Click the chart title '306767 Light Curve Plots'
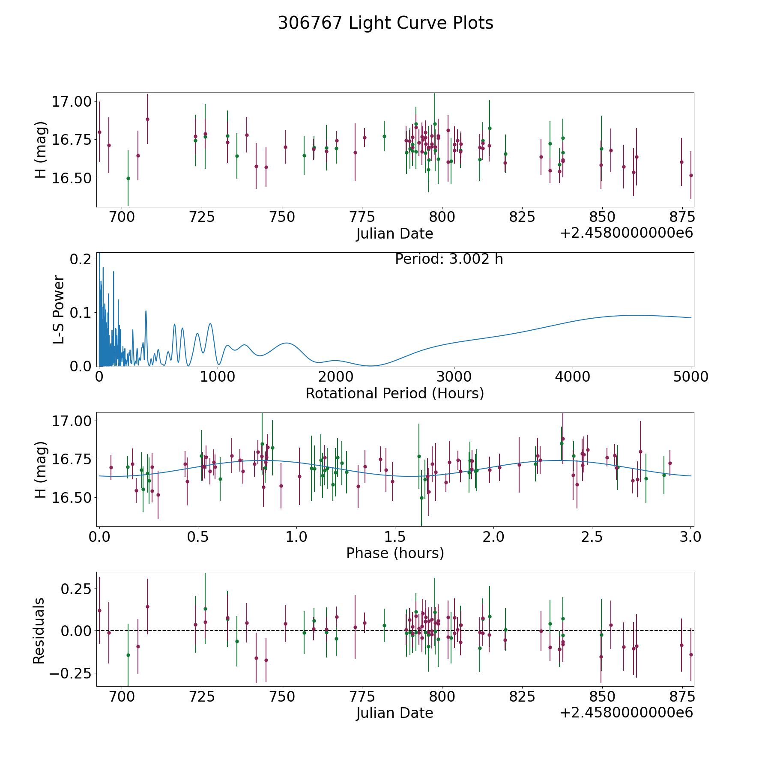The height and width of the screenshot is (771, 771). [x=385, y=23]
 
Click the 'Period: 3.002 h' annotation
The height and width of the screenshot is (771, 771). [x=449, y=259]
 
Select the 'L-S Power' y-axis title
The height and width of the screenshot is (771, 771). [x=59, y=310]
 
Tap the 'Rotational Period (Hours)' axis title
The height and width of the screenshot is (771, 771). [x=394, y=393]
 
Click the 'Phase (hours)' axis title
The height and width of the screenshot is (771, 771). [x=395, y=553]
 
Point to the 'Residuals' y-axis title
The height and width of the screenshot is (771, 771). [x=39, y=631]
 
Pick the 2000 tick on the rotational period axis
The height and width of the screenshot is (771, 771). [x=336, y=377]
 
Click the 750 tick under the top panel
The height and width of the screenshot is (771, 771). [x=282, y=217]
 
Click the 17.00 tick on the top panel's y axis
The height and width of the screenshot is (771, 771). [x=72, y=102]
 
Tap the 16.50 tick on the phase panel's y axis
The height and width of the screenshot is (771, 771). [x=72, y=498]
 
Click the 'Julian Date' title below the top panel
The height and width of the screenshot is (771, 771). [x=394, y=233]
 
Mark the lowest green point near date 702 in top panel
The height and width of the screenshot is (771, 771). [x=128, y=178]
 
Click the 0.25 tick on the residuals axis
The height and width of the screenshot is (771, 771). [x=75, y=589]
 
